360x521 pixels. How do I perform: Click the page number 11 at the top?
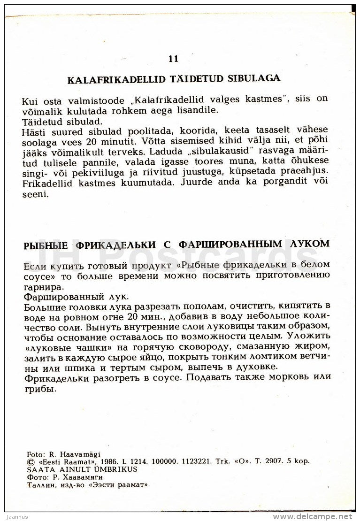173,59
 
